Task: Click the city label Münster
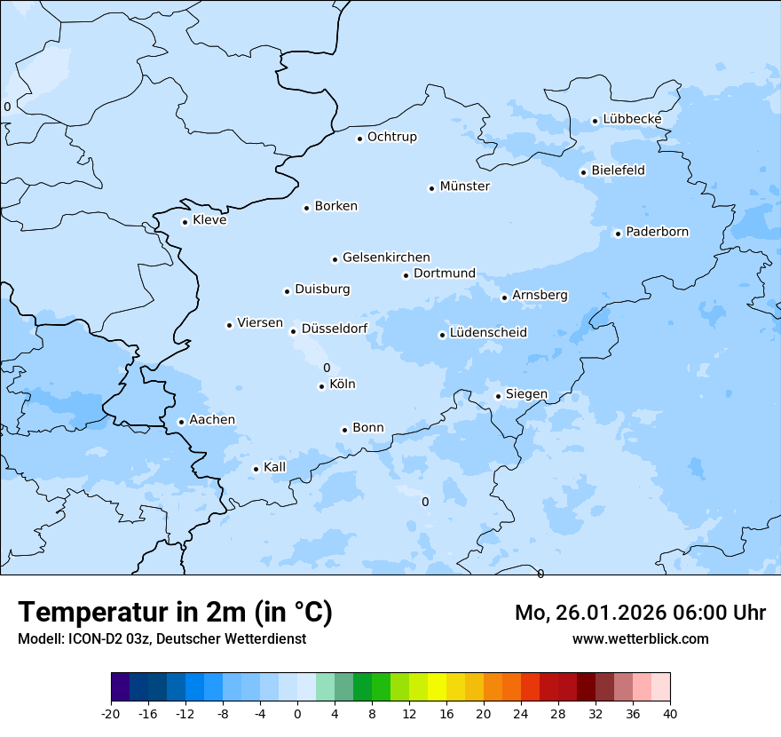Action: [464, 186]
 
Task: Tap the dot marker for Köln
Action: [321, 386]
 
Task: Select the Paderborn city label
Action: [657, 232]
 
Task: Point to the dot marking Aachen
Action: [181, 422]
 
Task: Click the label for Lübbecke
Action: [632, 119]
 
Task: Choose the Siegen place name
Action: [526, 394]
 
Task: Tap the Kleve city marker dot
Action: [185, 222]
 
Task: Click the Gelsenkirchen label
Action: [386, 258]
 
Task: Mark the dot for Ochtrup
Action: [359, 139]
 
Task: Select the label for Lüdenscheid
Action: [488, 333]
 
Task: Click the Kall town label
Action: [275, 467]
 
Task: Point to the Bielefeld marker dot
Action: [583, 172]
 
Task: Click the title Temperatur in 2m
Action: [175, 612]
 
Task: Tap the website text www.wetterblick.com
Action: [640, 638]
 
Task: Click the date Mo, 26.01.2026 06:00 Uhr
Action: [640, 613]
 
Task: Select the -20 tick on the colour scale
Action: [111, 713]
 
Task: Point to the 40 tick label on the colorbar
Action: [670, 713]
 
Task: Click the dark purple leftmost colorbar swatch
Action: [121, 687]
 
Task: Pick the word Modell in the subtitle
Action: [39, 638]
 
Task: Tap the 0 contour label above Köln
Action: [327, 368]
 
